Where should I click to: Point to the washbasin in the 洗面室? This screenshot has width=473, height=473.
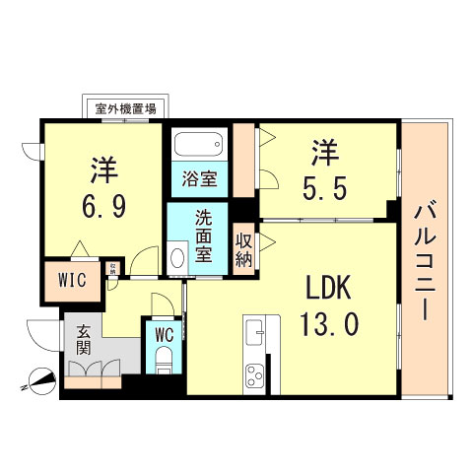(x=177, y=259)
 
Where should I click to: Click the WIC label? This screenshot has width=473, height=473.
(x=72, y=279)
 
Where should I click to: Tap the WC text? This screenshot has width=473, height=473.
(x=164, y=333)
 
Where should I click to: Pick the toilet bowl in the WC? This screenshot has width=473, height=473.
(x=164, y=360)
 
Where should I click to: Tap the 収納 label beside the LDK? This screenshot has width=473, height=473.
(x=243, y=247)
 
